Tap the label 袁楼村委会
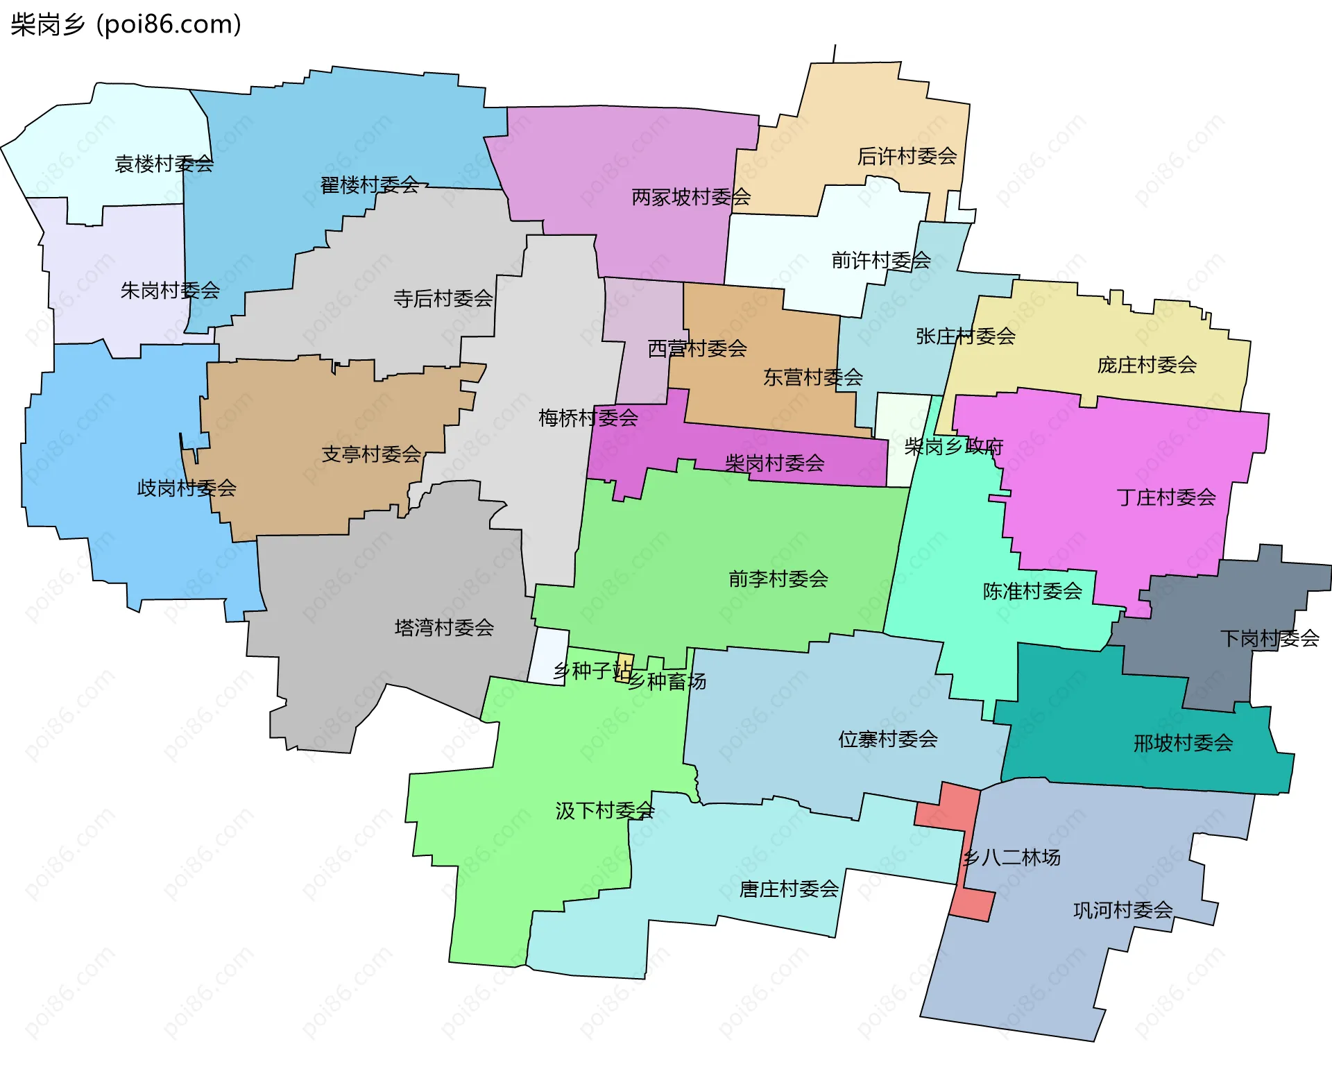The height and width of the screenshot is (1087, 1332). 164,164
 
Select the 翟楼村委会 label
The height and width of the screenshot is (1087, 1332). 369,185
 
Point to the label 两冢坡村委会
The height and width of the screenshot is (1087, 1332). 691,198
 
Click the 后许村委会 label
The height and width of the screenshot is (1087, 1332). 907,157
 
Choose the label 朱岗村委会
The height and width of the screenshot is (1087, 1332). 170,291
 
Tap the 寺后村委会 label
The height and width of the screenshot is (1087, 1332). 443,299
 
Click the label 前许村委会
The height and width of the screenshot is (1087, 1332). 881,261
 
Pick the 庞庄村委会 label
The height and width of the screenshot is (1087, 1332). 1147,365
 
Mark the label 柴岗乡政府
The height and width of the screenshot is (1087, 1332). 954,447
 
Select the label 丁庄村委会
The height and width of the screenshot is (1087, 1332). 1166,497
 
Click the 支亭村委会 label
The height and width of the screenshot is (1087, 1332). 371,454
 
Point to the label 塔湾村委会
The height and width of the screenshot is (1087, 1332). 444,628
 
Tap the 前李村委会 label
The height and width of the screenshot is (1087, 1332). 778,579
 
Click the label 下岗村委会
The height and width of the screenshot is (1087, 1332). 1269,638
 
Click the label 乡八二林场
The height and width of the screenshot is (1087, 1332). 1011,858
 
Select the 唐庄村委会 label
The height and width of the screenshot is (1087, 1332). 789,889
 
